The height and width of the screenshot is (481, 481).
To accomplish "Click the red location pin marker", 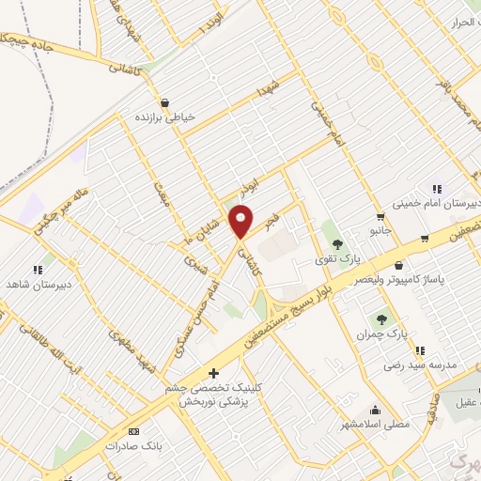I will click(242, 222).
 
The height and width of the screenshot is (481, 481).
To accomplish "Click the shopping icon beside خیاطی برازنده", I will click(165, 102).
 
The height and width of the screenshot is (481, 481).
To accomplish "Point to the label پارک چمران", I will click(386, 334).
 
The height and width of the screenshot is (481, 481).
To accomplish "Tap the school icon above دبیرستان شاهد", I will click(38, 270).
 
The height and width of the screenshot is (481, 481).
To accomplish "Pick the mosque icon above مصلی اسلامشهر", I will click(377, 410).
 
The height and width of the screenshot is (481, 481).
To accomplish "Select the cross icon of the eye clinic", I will click(213, 372).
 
